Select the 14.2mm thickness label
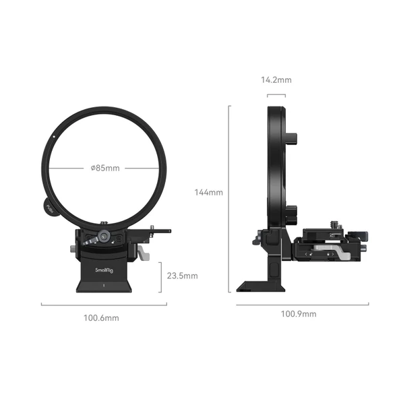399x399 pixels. coord(276,80)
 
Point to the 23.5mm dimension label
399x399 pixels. coord(182,276)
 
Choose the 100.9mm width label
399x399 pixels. coord(301,314)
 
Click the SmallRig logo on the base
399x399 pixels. coord(104,269)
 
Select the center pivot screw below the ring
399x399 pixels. coord(104,236)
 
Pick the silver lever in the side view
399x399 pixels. coord(340,253)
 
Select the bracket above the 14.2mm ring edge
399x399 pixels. coord(276,95)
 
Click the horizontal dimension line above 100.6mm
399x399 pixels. coord(103,305)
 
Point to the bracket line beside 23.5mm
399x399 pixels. coord(160,276)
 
